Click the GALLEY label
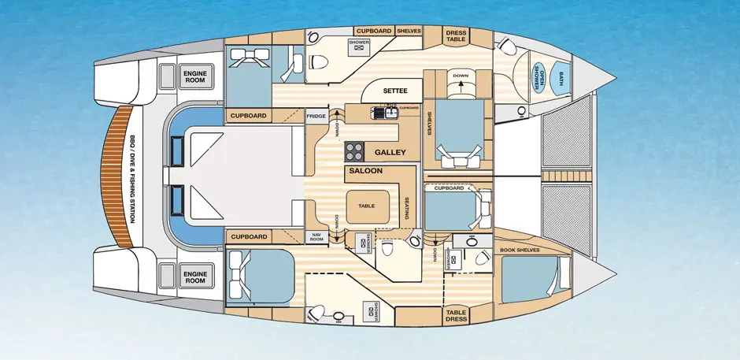tap(390, 151)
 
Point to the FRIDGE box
tap(316, 116)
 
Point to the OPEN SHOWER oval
tap(540, 76)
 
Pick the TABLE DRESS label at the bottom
tap(456, 315)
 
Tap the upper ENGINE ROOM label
tap(195, 76)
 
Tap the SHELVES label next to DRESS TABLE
tap(408, 31)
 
